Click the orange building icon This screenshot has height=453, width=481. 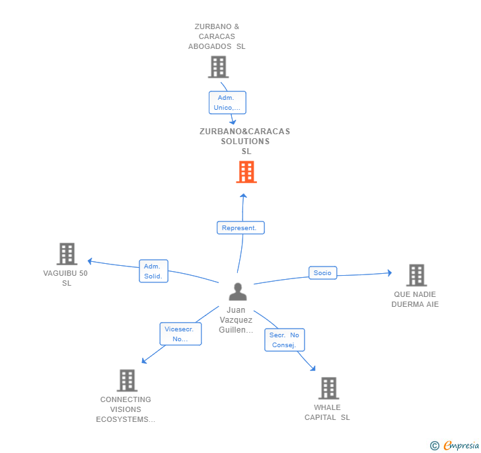pyautogui.click(x=246, y=172)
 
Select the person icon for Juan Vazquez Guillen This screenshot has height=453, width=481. pyautogui.click(x=238, y=292)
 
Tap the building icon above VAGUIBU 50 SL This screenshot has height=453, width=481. pyautogui.click(x=67, y=254)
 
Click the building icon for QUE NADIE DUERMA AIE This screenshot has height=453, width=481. pyautogui.click(x=416, y=275)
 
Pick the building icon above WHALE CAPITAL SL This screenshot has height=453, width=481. pyautogui.click(x=328, y=388)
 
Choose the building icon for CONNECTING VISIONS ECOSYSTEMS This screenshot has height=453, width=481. pyautogui.click(x=127, y=380)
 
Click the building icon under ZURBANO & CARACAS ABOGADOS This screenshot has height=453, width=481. pyautogui.click(x=219, y=67)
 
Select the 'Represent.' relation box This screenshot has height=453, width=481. pyautogui.click(x=240, y=227)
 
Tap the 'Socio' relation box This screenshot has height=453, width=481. pyautogui.click(x=322, y=272)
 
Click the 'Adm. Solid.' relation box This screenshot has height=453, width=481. pyautogui.click(x=153, y=271)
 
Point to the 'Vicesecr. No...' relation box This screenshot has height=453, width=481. pyautogui.click(x=180, y=334)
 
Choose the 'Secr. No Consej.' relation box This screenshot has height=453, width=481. pyautogui.click(x=285, y=340)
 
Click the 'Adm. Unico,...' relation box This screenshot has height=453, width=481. pyautogui.click(x=227, y=103)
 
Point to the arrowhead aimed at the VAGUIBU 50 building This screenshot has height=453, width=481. pyautogui.click(x=90, y=261)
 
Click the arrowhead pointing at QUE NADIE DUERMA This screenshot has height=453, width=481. pyautogui.click(x=390, y=272)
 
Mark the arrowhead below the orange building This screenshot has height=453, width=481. pyautogui.click(x=243, y=196)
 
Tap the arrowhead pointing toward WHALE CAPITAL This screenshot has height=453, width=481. pyautogui.click(x=313, y=368)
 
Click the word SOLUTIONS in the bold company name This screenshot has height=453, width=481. pyautogui.click(x=245, y=142)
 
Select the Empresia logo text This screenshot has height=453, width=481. pyautogui.click(x=461, y=445)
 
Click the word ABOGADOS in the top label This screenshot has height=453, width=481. pyautogui.click(x=210, y=46)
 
